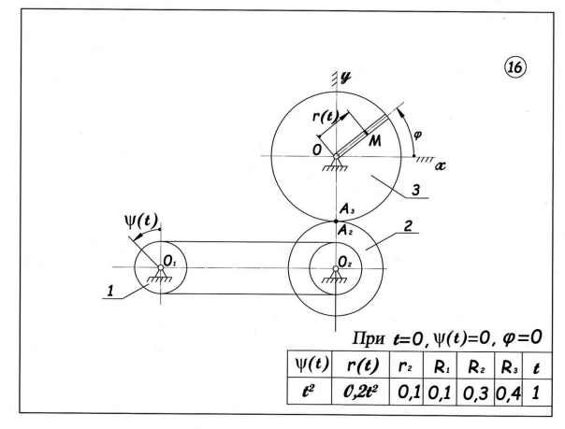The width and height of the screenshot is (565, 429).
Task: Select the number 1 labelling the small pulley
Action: coord(110,294)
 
